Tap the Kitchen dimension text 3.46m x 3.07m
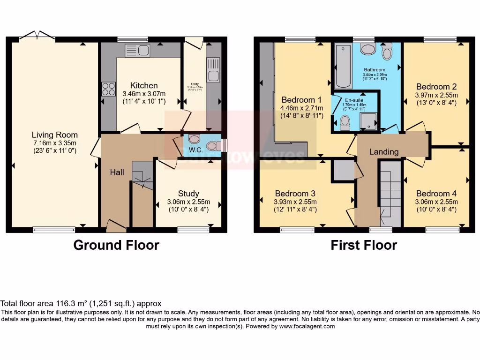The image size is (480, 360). coord(144,93)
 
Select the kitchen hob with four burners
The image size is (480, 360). coord(109,89)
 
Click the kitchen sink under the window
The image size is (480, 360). coord(136,50)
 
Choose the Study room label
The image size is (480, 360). coord(188,194)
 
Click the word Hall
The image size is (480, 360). coord(117,172)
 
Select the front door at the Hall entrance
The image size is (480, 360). coord(116,227)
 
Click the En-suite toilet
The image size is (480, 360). coord(345,123)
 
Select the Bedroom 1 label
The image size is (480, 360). coord(301,100)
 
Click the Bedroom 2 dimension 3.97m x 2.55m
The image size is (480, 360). coord(436,95)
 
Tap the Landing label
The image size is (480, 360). coord(384,151)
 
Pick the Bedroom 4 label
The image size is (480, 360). coord(436,194)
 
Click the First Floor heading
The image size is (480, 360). coord(364,245)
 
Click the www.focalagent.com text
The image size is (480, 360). coord(307,326)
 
